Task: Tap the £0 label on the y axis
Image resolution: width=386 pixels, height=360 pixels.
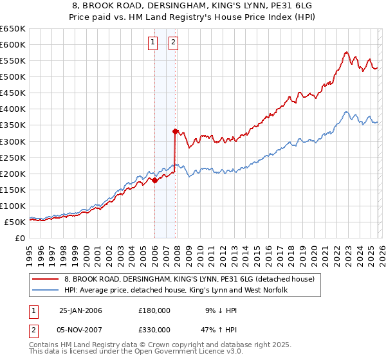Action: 19,238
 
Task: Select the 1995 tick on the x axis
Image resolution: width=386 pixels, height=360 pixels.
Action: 30,250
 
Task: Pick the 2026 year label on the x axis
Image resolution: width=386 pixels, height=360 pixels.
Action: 381,250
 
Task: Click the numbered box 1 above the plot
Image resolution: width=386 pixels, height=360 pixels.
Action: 153,43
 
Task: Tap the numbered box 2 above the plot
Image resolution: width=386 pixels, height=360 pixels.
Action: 174,43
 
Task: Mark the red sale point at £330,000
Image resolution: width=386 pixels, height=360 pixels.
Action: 175,131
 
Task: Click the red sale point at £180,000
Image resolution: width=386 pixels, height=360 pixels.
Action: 154,180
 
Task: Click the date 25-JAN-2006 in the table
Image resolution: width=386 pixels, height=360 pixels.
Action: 80,310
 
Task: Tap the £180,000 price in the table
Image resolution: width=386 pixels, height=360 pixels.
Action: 154,310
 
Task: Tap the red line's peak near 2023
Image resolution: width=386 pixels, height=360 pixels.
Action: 346,52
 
